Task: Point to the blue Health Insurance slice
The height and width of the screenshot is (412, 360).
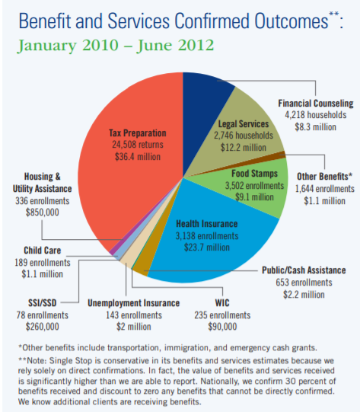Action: pos(210,237)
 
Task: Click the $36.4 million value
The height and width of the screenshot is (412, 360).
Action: pos(137,157)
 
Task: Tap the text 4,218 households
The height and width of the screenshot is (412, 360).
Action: pos(315,115)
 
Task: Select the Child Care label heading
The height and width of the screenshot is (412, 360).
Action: pos(43,251)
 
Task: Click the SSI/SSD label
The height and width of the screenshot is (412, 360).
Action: pos(43,303)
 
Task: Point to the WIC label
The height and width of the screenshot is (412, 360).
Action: pos(222,303)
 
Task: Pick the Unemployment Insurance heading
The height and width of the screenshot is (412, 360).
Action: pos(134,303)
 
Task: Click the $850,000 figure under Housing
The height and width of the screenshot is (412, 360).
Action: pos(43,212)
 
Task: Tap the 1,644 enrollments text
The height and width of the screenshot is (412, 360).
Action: pos(324,189)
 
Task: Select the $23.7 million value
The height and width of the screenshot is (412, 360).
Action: pos(207,248)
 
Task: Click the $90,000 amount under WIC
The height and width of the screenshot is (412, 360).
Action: pos(222,327)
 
